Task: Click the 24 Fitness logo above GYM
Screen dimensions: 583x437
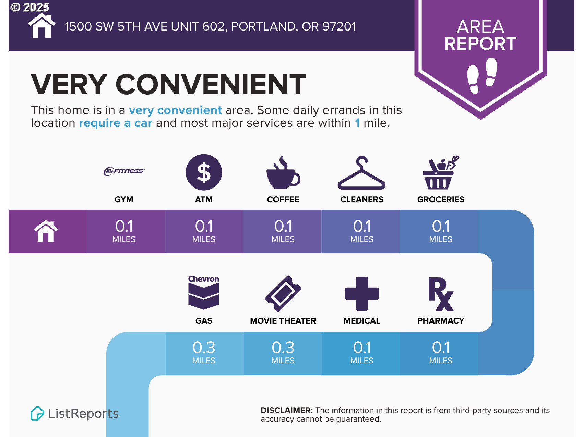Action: click(x=124, y=171)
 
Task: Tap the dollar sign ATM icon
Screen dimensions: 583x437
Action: click(x=204, y=172)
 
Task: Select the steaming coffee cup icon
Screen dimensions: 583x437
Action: click(x=283, y=172)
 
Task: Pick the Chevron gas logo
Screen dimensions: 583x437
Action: click(x=204, y=292)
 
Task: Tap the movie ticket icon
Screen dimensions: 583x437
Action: click(x=283, y=294)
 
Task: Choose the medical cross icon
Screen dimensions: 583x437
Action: click(x=362, y=293)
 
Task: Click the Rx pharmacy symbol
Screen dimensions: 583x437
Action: click(x=441, y=294)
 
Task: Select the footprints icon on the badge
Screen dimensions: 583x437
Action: click(x=482, y=75)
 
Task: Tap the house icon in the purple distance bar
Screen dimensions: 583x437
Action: click(x=46, y=231)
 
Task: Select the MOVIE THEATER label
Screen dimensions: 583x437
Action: click(x=283, y=321)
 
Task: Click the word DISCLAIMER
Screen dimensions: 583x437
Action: click(x=287, y=410)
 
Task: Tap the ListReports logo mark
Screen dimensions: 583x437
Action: click(x=37, y=413)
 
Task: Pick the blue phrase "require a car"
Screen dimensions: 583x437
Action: click(x=116, y=123)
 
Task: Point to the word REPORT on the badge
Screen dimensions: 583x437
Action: click(x=480, y=44)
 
